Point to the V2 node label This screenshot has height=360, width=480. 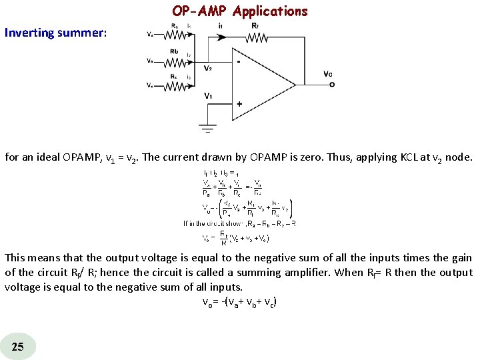[209, 68]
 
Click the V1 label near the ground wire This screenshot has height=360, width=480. [209, 96]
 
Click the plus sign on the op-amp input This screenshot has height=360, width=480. [239, 103]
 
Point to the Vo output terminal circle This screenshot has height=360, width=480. [332, 83]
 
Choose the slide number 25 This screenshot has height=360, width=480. [18, 345]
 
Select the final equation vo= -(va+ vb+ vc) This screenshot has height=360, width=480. [239, 301]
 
